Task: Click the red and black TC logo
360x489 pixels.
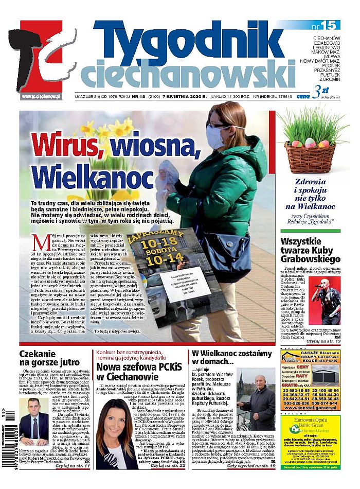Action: click(x=44, y=59)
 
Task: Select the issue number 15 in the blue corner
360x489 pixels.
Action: click(x=323, y=25)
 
